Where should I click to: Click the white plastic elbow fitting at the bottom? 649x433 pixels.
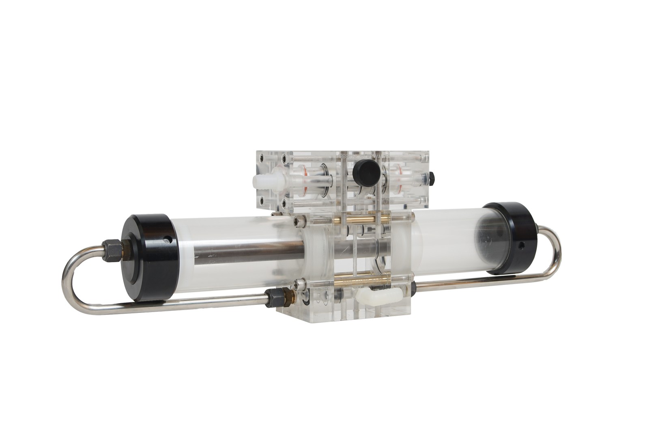click(369, 292)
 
